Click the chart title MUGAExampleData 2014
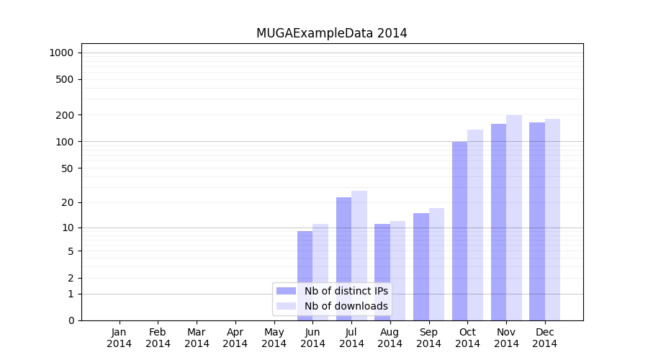click(331, 33)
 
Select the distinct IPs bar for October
click(459, 230)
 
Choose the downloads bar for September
click(436, 264)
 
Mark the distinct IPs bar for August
click(382, 271)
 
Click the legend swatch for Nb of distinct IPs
click(287, 291)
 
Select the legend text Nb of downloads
click(346, 306)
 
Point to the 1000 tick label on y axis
click(61, 53)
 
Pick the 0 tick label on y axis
click(71, 320)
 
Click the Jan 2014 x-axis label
click(120, 338)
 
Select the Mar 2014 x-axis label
click(197, 338)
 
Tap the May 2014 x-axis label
click(274, 338)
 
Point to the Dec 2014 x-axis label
click(545, 338)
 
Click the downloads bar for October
click(475, 225)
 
